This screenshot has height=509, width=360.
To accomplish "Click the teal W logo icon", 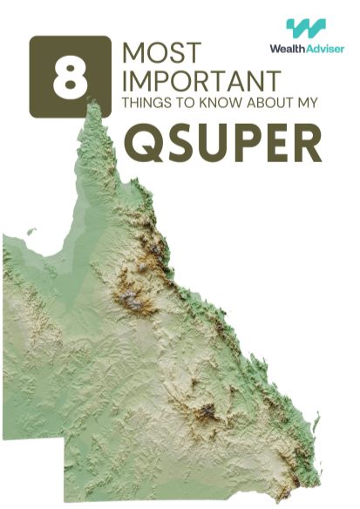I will (306, 30).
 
